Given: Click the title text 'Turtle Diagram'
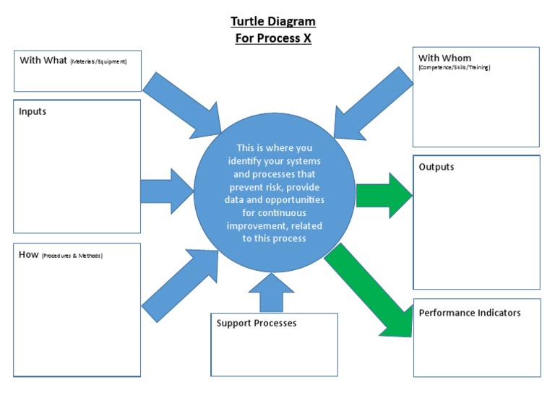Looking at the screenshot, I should pos(273,22).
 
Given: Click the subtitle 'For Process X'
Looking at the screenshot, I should pos(273,38).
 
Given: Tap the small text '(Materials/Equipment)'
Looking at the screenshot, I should pos(98,62).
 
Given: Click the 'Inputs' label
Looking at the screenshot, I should pos(33,111).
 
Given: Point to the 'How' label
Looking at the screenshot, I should pos(28,254).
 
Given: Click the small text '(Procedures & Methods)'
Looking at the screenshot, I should pos(72,256).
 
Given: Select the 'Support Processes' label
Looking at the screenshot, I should pos(257,323).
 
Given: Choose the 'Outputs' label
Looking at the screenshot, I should pos(436,167).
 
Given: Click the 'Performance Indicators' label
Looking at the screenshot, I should pos(470,313).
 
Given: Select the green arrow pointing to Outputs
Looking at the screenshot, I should pos(383,195).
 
